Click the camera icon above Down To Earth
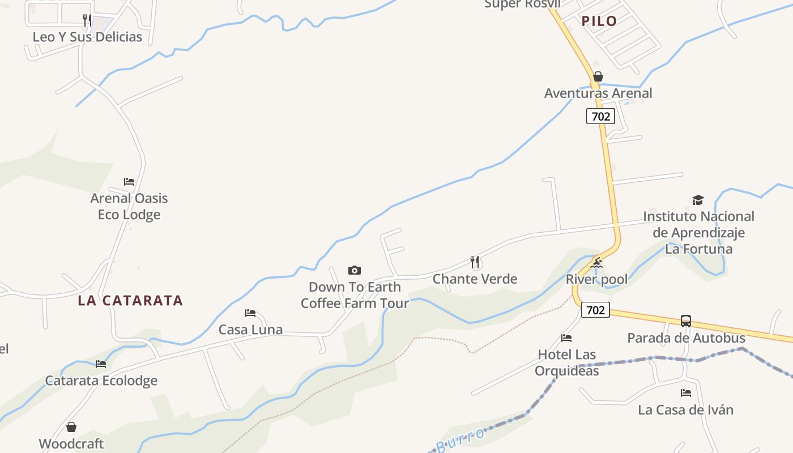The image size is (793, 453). pos(355,271)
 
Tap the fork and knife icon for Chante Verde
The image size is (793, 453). pos(475,262)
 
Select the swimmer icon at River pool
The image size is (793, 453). pos(596,263)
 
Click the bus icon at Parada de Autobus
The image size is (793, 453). pos(686,321)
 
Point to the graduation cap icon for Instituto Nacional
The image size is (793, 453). pos(698,200)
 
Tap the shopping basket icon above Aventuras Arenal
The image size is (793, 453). pos(598,76)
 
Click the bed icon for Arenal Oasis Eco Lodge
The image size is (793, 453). pos(129,182)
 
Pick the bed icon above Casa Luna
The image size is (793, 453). pos(250,313)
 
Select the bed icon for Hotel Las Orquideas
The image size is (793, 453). pos(566,338)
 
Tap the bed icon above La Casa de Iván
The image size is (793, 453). pos(686,393)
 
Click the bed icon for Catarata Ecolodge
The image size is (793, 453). pos(101,364)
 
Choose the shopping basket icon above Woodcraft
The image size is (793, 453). pos(71,427)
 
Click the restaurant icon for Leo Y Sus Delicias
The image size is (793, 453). pos(87,20)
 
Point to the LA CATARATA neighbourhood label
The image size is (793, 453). pos(130,301)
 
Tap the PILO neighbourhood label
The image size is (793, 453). pos(599,22)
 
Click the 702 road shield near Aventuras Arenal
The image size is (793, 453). pos(600,116)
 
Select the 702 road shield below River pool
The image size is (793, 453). pos(595,310)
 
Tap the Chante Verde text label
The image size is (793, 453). pos(475,279)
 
